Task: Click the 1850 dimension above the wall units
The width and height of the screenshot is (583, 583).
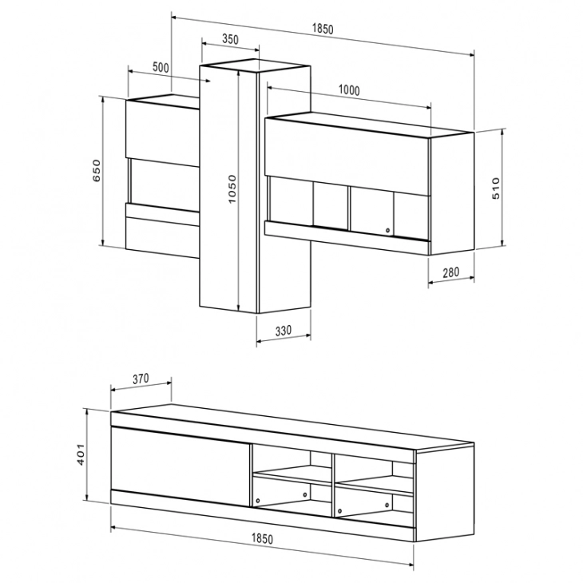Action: click(x=323, y=29)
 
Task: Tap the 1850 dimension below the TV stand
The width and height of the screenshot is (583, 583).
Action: click(x=262, y=538)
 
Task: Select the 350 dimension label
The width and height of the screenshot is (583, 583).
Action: click(x=230, y=39)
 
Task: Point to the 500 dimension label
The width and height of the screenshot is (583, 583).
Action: click(x=161, y=67)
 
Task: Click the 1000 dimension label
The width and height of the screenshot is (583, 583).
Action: click(x=349, y=90)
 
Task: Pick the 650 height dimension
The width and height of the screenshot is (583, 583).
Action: click(x=97, y=170)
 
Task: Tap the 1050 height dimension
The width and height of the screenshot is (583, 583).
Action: click(x=232, y=189)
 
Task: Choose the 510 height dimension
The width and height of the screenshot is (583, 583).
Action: click(x=496, y=188)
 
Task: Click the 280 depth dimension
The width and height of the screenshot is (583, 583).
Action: click(x=451, y=272)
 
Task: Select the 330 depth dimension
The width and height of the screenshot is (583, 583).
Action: click(x=284, y=331)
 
